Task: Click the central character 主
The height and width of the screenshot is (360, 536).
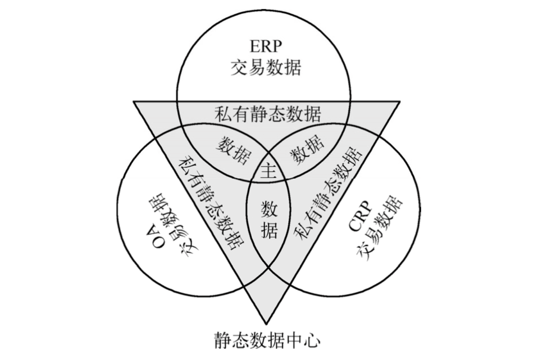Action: pos(268,172)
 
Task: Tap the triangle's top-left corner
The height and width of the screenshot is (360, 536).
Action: pos(134,102)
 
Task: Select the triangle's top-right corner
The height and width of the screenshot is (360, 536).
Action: pos(400,102)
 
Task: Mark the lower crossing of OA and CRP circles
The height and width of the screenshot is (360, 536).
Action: pos(268,267)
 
